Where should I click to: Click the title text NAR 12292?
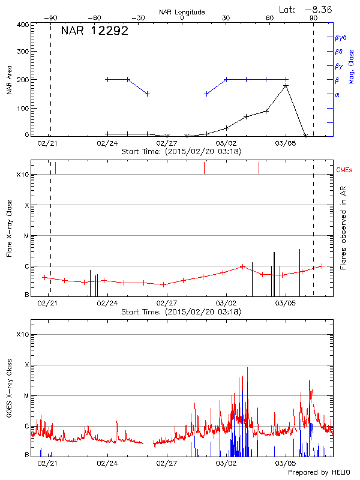(x=95, y=31)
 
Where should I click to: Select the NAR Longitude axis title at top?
(x=182, y=12)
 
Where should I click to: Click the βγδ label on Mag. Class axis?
(x=340, y=37)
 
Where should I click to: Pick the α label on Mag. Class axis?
(x=337, y=94)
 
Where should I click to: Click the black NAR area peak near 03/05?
(x=286, y=86)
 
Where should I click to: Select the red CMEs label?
(x=344, y=170)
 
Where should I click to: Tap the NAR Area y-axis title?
(x=9, y=80)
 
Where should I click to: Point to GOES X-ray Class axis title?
(x=9, y=392)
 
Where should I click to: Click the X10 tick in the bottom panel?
(x=23, y=334)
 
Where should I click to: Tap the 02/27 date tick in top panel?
(x=166, y=144)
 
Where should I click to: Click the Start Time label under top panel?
(x=181, y=152)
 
